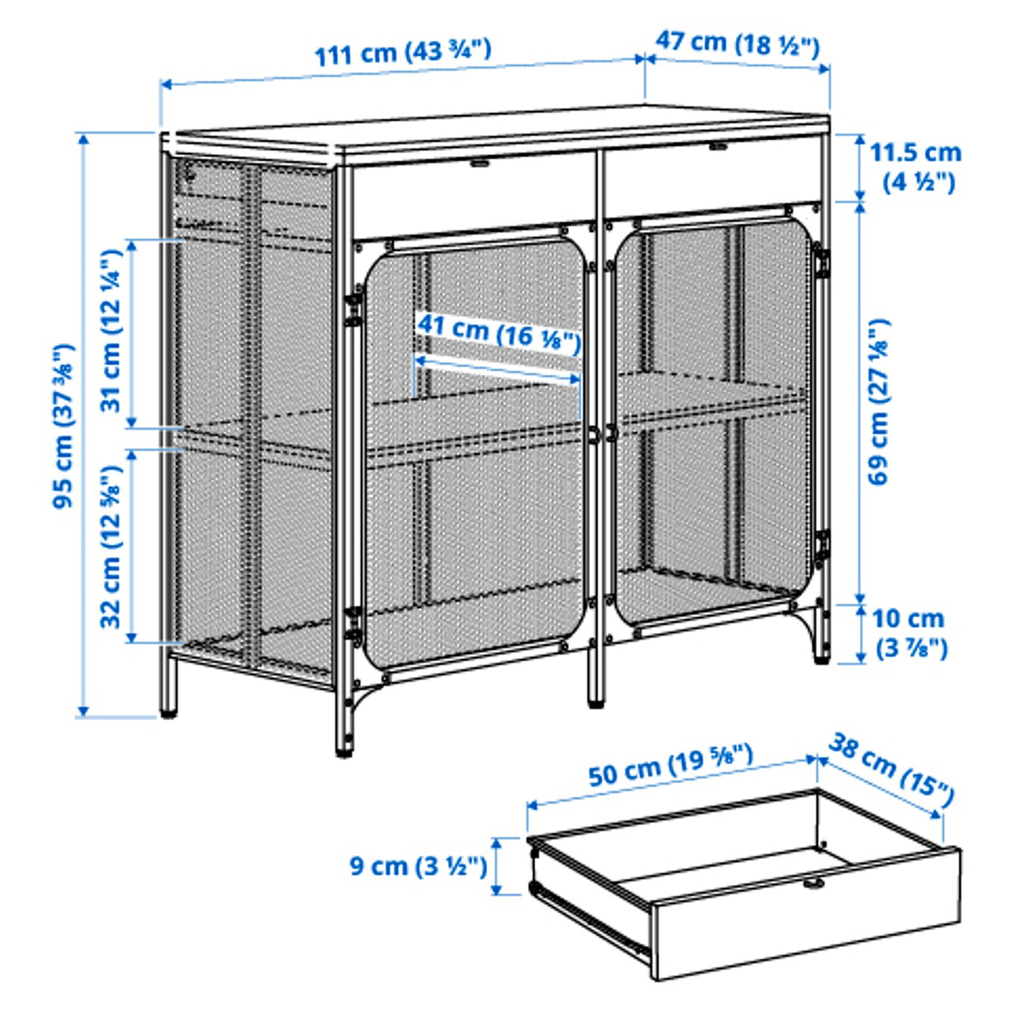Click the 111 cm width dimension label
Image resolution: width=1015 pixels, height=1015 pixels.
pos(402,52)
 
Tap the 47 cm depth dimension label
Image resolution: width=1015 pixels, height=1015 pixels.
pos(737,43)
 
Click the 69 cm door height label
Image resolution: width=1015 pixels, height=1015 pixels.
pos(878,402)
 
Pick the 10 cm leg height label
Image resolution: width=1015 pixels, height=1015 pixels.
pos(908,632)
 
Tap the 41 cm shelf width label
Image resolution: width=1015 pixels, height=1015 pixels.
pos(499,333)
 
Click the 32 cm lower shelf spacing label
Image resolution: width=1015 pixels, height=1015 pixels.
pos(111,546)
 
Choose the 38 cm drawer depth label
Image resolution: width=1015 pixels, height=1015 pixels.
pos(890,770)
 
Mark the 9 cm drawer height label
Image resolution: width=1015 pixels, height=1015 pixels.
pos(418,866)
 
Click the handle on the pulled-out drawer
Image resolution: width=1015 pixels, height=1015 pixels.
pos(813,882)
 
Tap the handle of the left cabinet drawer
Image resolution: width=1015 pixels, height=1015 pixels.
pos(478,163)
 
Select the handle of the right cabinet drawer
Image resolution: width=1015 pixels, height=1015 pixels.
pos(718,146)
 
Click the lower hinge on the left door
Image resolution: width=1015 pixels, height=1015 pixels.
pos(354,625)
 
